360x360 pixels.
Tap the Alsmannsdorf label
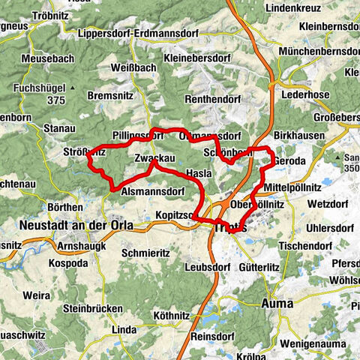pos(152,192)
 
